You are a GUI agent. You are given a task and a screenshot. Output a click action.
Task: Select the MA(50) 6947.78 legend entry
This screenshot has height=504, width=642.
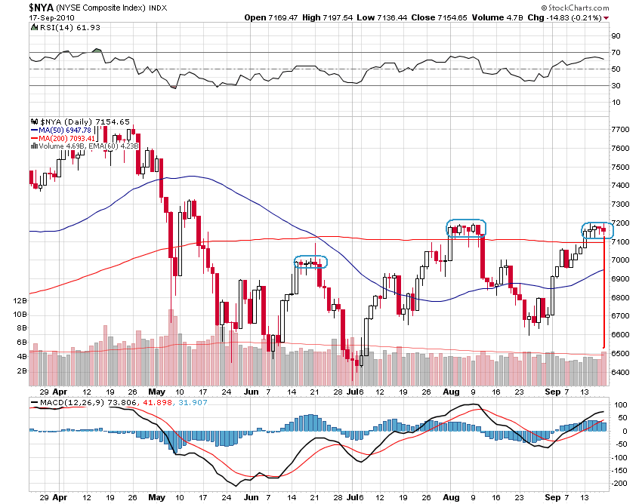[64, 130]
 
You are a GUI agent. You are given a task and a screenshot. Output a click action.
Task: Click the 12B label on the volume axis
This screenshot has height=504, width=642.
[20, 300]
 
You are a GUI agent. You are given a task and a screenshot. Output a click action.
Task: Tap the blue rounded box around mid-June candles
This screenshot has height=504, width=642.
[310, 262]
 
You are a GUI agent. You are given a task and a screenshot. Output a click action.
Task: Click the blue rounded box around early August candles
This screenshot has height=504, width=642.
[466, 228]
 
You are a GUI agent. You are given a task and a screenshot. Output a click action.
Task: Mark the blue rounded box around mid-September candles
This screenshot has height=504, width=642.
[598, 230]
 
